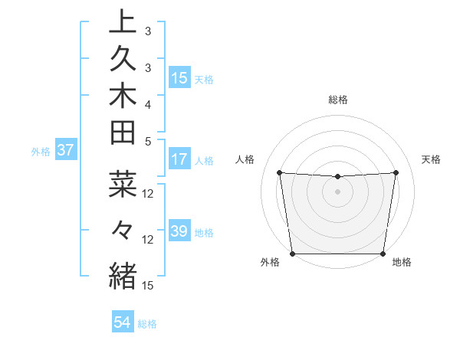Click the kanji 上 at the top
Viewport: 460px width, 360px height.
coord(123,22)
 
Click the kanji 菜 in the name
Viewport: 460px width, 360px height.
coord(123,185)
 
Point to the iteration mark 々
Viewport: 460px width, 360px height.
coord(123,228)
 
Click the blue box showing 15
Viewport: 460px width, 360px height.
coord(179,77)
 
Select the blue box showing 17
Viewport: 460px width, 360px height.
coord(179,159)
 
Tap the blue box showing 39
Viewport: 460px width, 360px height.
coord(179,231)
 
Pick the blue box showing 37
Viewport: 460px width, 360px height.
coord(65,150)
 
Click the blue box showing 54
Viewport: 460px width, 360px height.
coord(122,322)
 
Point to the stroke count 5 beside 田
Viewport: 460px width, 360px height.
coord(147,141)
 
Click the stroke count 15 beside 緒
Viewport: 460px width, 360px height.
coord(148,285)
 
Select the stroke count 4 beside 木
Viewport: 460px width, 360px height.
coord(147,103)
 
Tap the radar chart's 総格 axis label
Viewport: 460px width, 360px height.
coord(338,100)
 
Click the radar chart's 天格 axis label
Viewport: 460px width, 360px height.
coord(432,159)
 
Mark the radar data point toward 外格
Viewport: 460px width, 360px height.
coord(292,253)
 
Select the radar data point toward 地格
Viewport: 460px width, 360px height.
coord(383,254)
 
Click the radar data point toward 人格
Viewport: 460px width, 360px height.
coord(279,172)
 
